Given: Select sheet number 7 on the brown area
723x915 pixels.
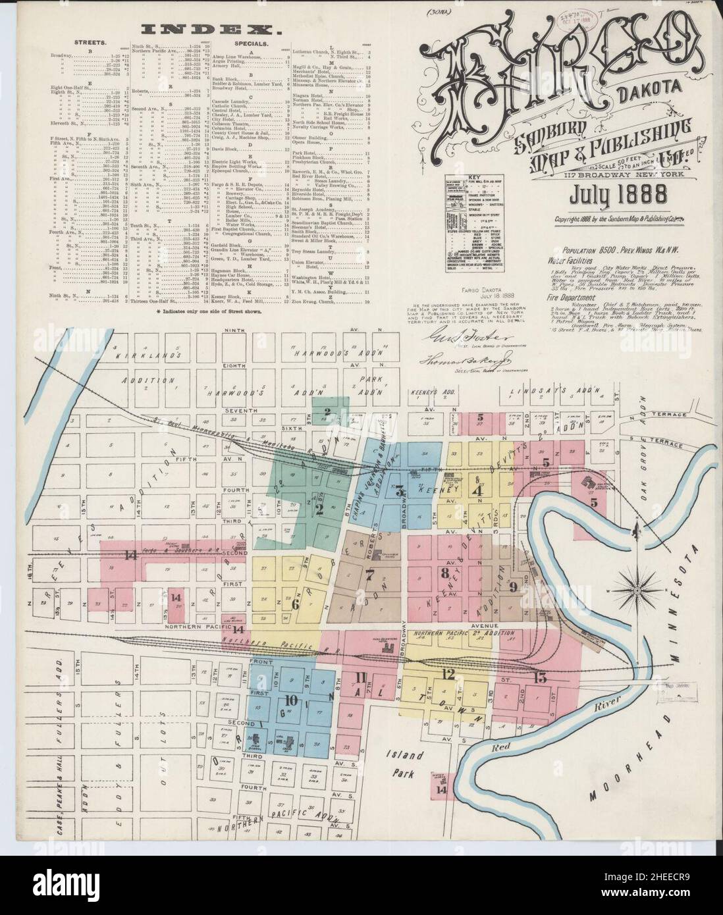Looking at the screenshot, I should [x=369, y=573].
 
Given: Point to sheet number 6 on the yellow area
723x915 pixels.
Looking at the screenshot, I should [x=295, y=603].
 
